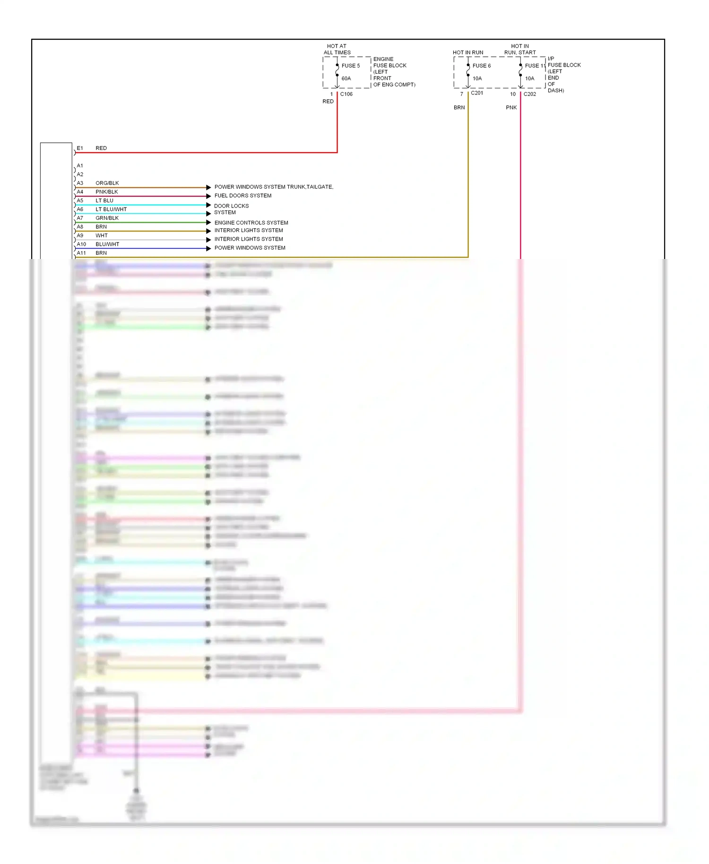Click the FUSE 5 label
point(351,66)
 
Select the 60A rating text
point(346,78)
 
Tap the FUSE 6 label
point(481,66)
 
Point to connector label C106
point(346,94)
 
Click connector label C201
point(477,93)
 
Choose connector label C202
point(529,94)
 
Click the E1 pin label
point(80,148)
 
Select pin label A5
point(80,201)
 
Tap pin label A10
point(81,244)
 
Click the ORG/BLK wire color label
point(107,183)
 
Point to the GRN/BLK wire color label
point(107,218)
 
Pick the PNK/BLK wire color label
point(107,192)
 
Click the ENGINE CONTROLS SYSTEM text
point(251,223)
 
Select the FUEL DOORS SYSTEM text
point(243,196)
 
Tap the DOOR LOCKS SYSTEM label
point(231,209)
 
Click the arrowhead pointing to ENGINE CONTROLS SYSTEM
point(208,223)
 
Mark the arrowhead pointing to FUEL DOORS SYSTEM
point(208,196)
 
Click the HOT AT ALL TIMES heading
point(337,50)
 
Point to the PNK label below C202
point(511,108)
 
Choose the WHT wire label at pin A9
point(102,236)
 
